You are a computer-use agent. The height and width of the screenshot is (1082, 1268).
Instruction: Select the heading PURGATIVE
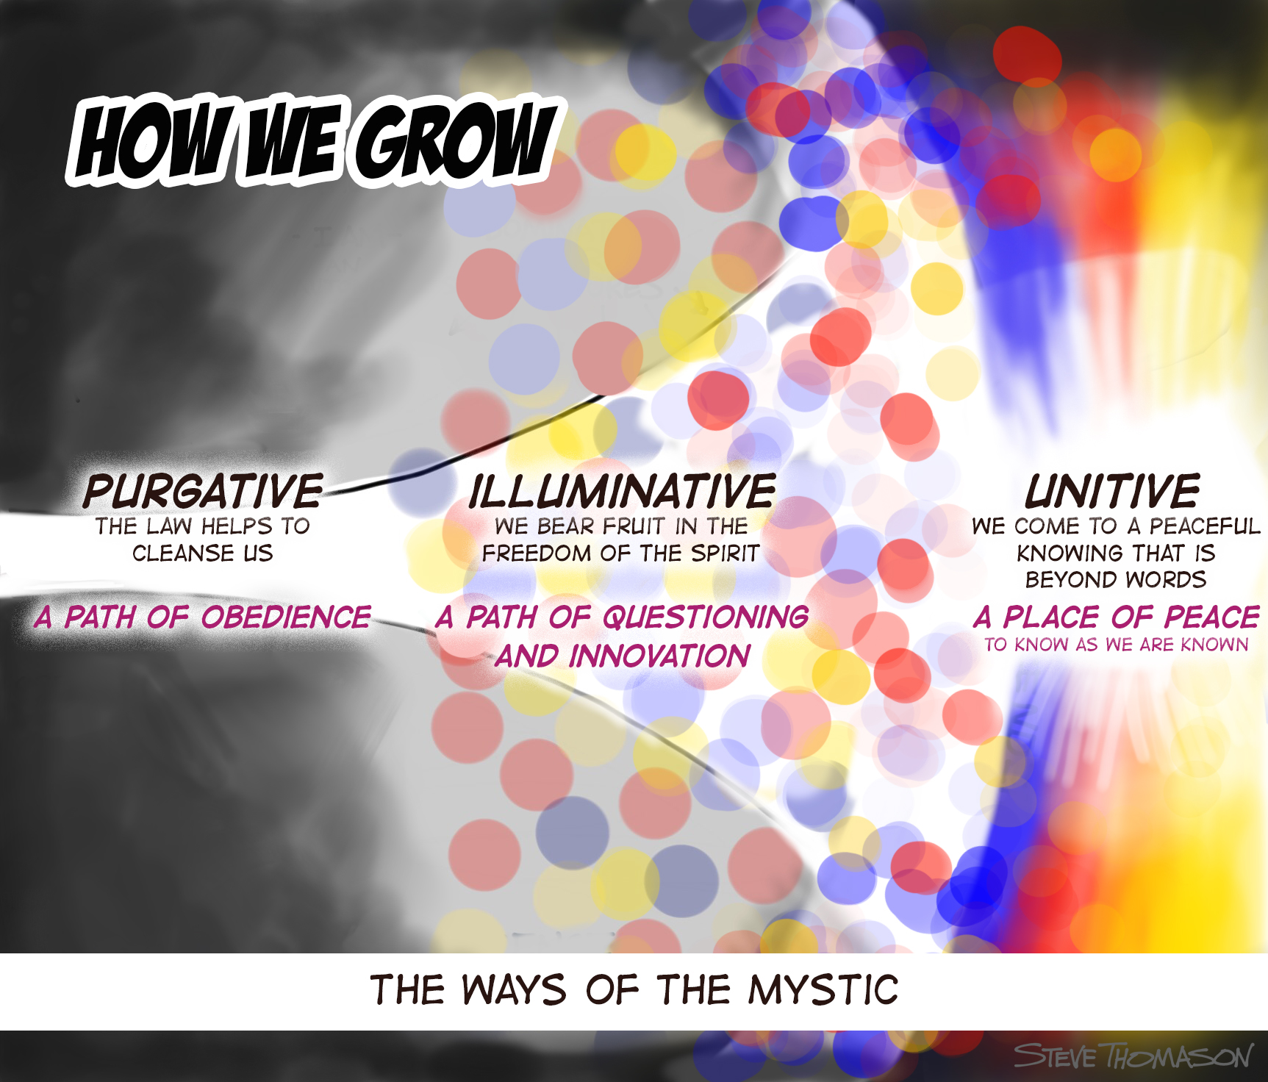pos(203,491)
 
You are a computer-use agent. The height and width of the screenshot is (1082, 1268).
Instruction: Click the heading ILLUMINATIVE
pos(622,491)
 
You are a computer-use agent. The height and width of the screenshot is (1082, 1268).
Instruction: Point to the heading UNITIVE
pos(1113,491)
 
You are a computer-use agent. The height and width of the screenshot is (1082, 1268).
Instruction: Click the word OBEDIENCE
pos(286,617)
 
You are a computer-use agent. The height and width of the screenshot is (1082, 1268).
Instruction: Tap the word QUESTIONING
pos(706,617)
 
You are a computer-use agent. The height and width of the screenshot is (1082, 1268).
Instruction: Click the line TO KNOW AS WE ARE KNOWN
pos(1117,645)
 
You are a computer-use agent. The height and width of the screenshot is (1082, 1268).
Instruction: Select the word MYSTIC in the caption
pos(824,989)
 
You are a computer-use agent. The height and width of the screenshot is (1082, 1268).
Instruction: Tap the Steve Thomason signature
pos(1133,1056)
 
